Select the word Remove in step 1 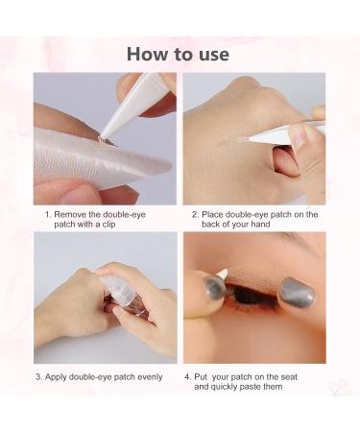(x=73, y=214)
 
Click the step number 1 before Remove (x=47, y=214)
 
